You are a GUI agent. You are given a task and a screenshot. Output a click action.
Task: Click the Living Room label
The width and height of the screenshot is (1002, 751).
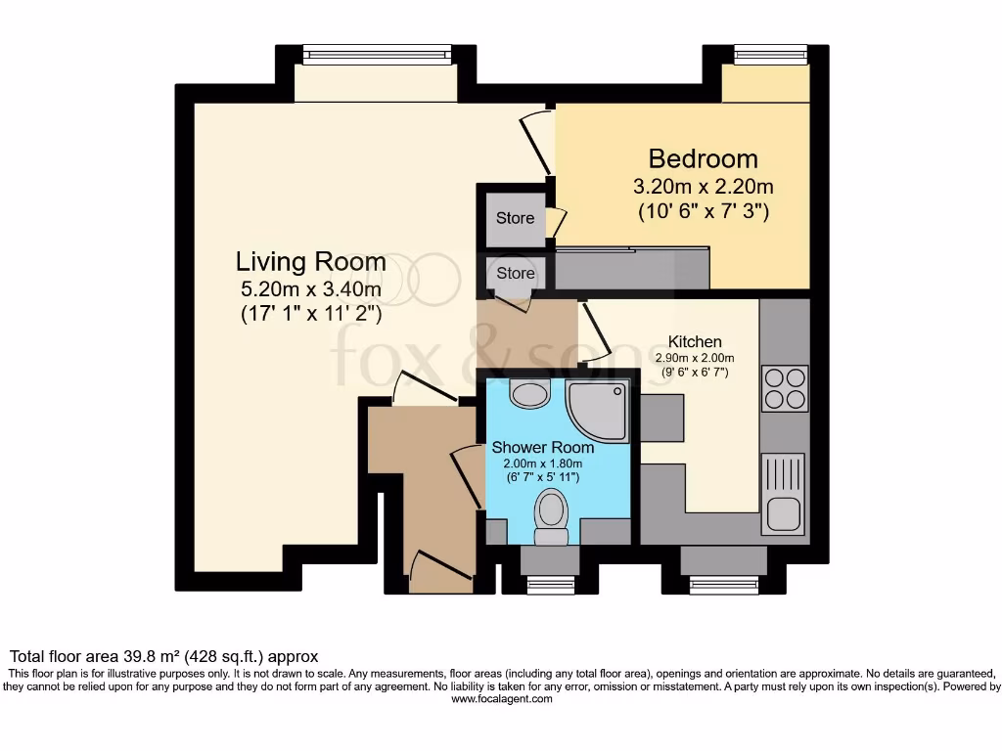point(310,262)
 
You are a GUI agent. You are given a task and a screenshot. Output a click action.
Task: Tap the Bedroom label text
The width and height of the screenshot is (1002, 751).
point(703,158)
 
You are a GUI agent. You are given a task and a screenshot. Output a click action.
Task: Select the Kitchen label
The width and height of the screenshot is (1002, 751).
point(695,341)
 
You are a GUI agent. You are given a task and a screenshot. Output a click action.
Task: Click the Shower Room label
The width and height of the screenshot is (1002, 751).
point(542,447)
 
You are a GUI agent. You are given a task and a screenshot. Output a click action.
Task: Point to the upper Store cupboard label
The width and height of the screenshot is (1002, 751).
point(515,218)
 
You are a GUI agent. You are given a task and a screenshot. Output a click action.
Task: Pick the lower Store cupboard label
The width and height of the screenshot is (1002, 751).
point(515,274)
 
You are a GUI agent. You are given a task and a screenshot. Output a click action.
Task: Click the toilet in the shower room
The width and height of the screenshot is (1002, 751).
point(551,515)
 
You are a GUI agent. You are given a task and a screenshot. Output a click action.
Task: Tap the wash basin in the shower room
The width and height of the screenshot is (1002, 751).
point(531,394)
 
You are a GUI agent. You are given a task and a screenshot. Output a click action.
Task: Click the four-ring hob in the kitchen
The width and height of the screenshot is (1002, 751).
point(785,388)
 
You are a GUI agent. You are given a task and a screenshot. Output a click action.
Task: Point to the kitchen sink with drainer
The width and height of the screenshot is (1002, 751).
point(784,494)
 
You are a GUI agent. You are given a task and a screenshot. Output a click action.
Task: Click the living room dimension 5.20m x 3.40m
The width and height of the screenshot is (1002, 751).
point(310,289)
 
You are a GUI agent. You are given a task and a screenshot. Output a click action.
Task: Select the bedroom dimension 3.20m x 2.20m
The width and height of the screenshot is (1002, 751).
point(703,186)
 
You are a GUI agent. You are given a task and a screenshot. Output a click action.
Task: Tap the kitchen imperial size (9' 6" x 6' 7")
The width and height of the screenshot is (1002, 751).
point(695,373)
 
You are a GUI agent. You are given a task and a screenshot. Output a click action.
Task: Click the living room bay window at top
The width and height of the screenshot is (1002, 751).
point(377,55)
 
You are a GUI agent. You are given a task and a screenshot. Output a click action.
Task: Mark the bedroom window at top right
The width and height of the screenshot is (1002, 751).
point(771,55)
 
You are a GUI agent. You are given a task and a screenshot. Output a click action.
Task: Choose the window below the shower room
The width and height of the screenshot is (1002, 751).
point(550,585)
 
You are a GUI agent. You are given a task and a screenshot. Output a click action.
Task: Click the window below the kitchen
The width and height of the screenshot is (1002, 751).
point(723,585)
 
